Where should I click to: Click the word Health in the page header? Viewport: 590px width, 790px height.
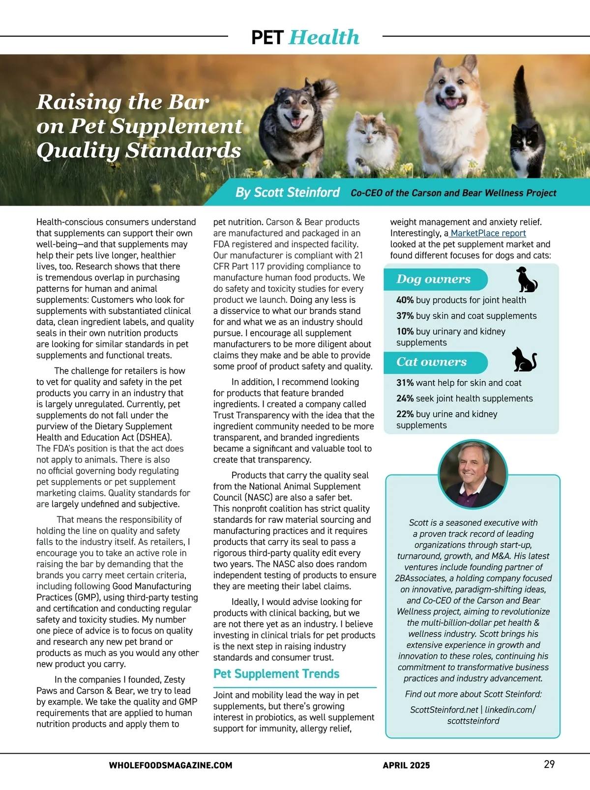pos(324,37)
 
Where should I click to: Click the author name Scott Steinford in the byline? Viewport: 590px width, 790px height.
pos(288,192)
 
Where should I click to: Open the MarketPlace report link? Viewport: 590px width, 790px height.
pos(488,233)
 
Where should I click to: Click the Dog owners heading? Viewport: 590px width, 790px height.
pos(433,279)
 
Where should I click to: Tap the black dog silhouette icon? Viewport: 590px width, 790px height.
pos(526,279)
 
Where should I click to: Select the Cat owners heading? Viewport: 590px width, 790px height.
pos(431,362)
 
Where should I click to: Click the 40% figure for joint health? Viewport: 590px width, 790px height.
pos(405,300)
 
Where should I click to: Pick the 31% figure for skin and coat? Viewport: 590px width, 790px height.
pos(405,383)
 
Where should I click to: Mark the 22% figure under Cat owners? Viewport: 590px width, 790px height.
pos(405,414)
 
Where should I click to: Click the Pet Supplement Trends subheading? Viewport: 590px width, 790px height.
pos(276,674)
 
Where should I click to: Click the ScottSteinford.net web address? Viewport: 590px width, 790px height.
pos(444,710)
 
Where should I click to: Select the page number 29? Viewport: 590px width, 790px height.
pos(549,764)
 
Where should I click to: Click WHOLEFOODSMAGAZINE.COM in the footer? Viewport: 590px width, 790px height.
pos(171,765)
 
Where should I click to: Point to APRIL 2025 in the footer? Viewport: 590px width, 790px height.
pos(406,765)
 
